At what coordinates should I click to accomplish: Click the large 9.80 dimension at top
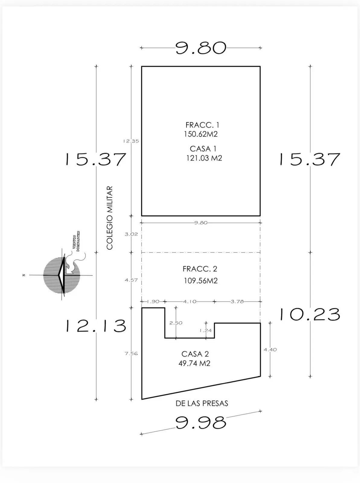pos(201,48)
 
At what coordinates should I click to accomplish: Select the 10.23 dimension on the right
pos(310,314)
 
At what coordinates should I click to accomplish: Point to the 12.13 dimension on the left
pos(96,326)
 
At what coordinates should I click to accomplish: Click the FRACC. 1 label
pos(202,125)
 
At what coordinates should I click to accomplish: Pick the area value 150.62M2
pos(201,134)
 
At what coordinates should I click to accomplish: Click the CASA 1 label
pos(203,149)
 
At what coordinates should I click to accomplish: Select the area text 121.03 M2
pos(204,158)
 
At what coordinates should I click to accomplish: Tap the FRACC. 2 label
pos(200,269)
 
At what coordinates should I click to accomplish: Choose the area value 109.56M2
pos(201,281)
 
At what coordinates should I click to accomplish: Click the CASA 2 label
pos(195,354)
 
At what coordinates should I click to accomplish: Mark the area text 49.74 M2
pos(194,363)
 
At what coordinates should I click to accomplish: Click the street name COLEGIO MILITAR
pos(110,218)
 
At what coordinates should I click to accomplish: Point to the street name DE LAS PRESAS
pos(202,403)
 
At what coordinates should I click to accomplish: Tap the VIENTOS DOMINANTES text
pos(76,241)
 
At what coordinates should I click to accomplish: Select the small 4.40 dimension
pos(270,350)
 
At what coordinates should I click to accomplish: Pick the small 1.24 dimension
pos(205,330)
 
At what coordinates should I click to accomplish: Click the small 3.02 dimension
pos(131,234)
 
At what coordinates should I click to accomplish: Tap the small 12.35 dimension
pos(131,141)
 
